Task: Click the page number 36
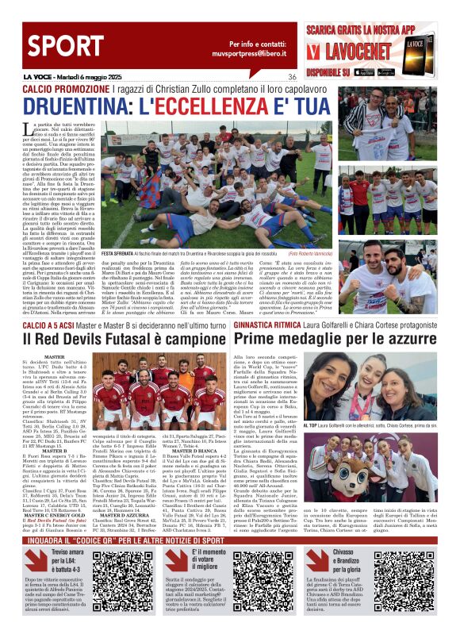point(292,77)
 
